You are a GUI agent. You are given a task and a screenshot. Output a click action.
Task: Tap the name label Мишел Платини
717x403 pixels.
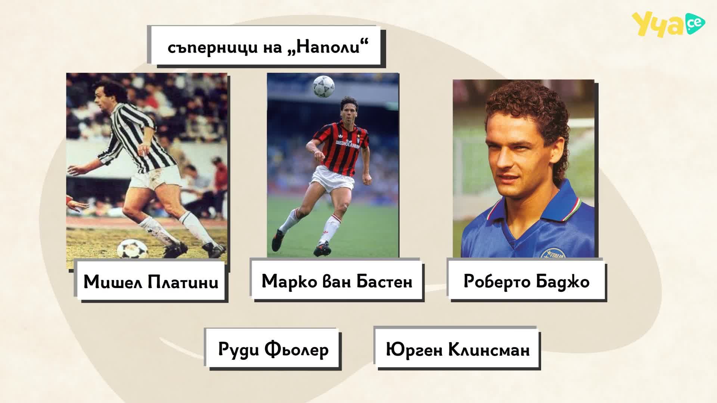(x=151, y=281)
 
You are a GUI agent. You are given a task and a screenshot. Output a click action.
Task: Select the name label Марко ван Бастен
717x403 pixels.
(x=337, y=281)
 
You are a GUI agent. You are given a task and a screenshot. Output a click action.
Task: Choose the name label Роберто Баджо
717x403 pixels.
(x=527, y=281)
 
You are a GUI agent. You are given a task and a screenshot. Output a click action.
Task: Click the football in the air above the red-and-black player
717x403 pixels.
(x=323, y=86)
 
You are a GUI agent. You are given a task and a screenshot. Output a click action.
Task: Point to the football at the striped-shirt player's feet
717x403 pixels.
(x=133, y=249)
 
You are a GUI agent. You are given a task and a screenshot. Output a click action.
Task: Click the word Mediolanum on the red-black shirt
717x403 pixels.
(x=348, y=144)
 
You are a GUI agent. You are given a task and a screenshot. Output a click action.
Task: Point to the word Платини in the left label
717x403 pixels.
(x=183, y=282)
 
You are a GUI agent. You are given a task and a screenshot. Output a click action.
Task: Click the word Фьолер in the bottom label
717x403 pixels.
(x=297, y=350)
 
